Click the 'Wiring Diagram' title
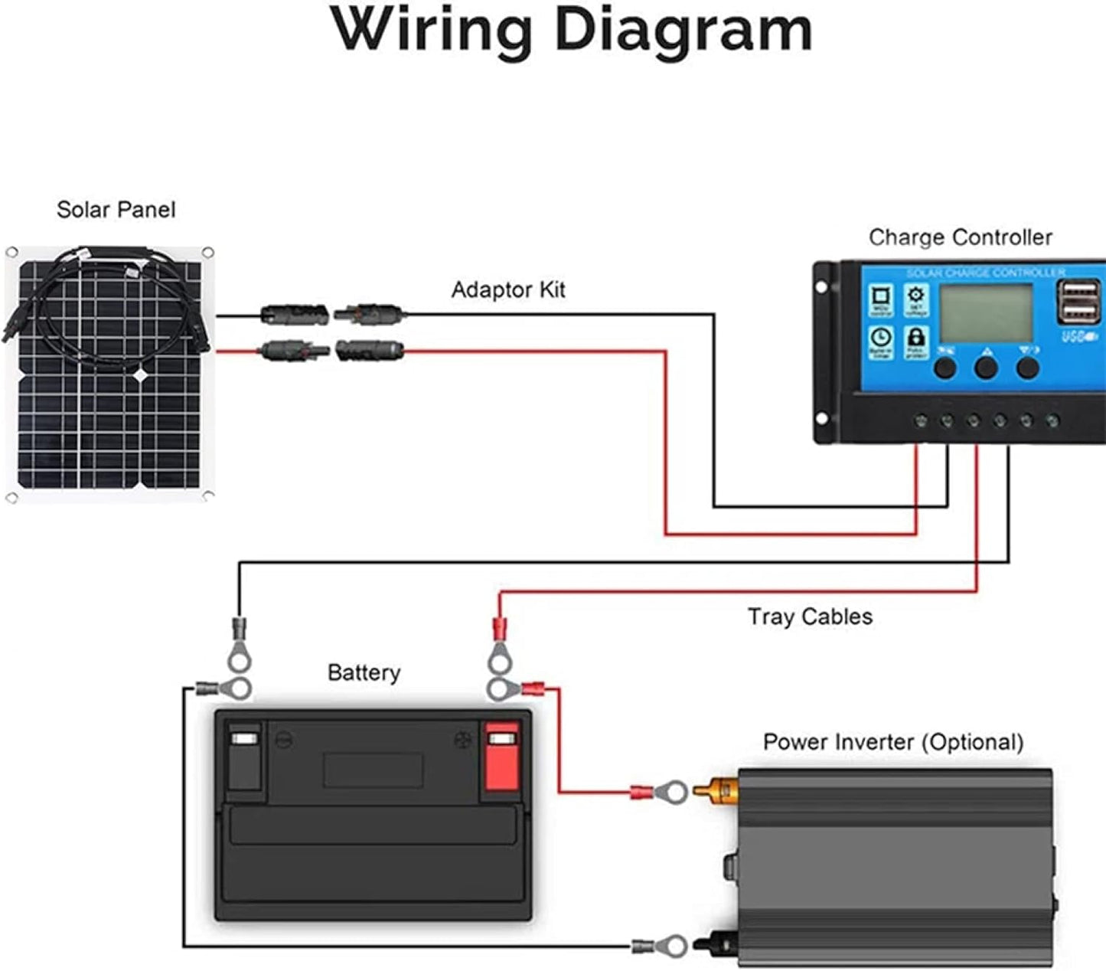click(571, 31)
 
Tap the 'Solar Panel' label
click(116, 210)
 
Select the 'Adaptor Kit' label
click(507, 290)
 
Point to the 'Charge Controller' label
click(960, 237)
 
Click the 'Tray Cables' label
click(810, 616)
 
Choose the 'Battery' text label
click(364, 672)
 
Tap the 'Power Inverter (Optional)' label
click(892, 742)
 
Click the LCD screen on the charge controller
click(986, 313)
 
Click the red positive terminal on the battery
click(501, 758)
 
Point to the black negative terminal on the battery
click(245, 758)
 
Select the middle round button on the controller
click(986, 368)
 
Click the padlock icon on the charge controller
click(916, 339)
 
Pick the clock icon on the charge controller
click(881, 339)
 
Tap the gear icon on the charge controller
click(916, 297)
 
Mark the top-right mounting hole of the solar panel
click(207, 252)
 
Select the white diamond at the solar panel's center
click(142, 375)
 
